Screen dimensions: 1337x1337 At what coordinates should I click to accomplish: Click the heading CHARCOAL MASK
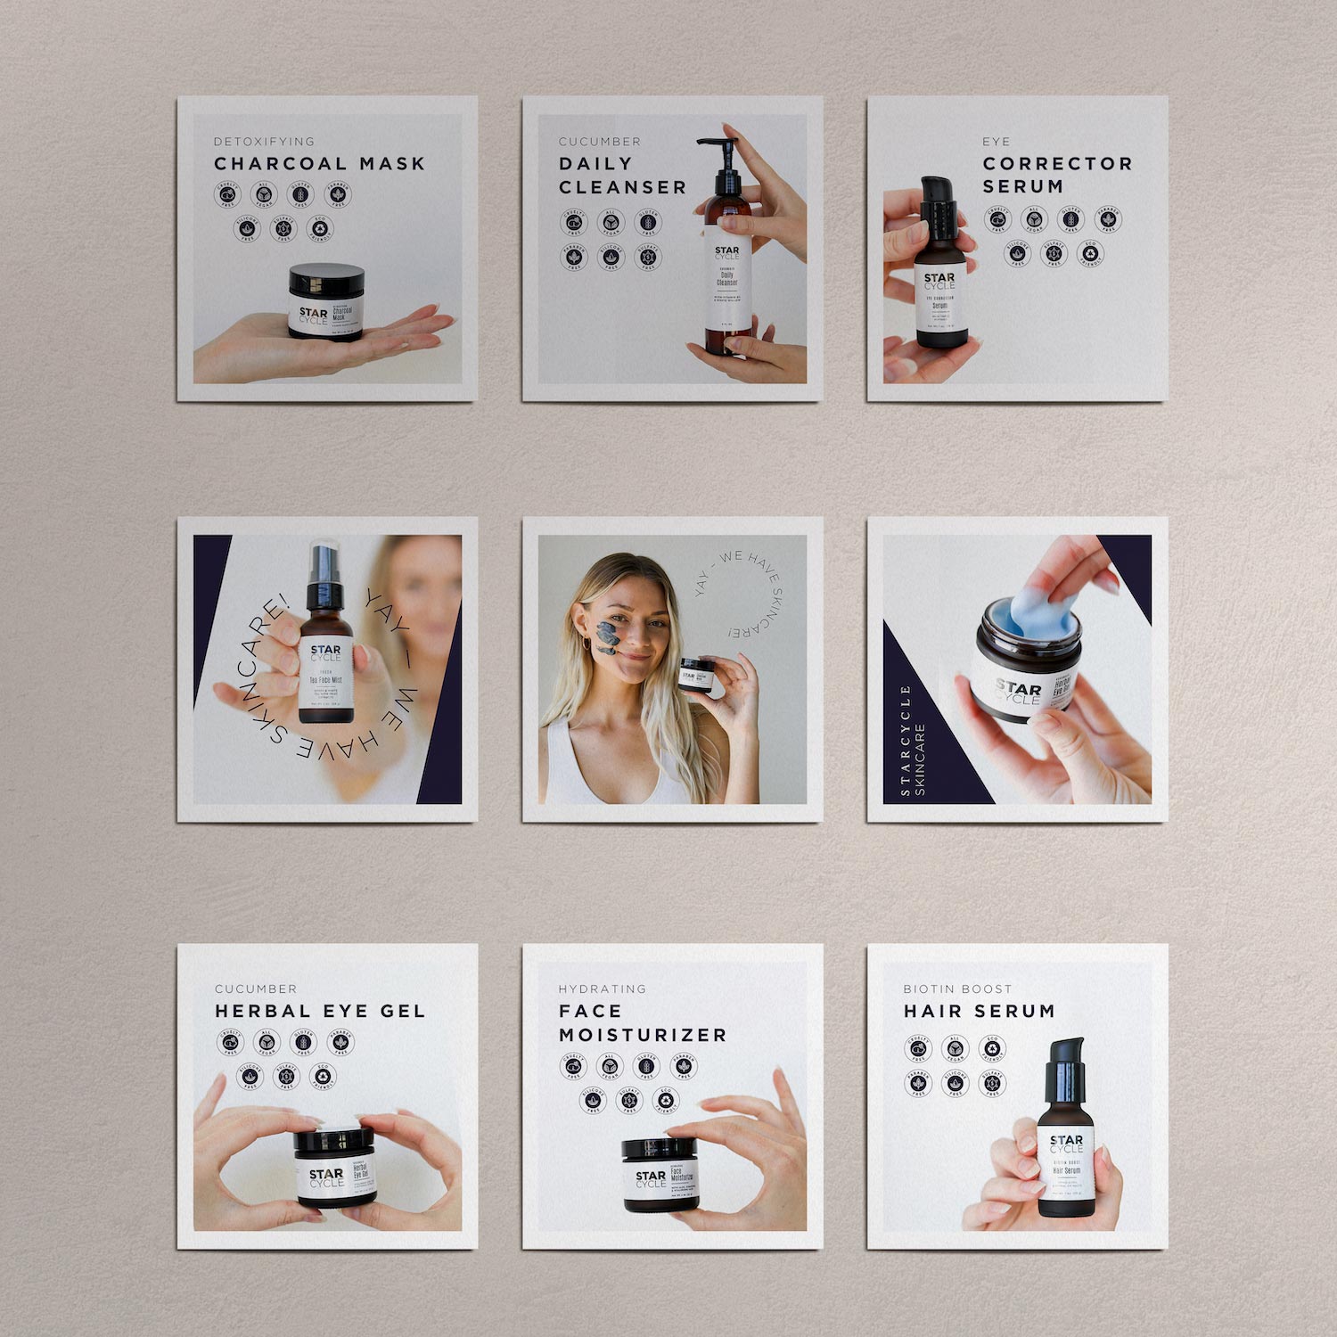(319, 164)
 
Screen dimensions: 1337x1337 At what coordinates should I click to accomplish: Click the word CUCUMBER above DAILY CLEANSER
(599, 142)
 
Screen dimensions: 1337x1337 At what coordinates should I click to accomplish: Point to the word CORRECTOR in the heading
(1057, 164)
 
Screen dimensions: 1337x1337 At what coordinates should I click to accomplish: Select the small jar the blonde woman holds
(693, 675)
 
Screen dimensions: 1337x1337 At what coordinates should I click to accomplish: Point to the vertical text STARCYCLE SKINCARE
(913, 740)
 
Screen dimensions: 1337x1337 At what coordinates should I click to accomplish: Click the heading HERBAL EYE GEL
(320, 1012)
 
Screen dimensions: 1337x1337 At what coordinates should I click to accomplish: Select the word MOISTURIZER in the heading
(643, 1036)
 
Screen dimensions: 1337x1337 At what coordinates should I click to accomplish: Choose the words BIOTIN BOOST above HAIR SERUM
(957, 989)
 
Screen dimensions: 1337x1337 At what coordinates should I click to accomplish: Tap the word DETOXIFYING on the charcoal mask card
(264, 142)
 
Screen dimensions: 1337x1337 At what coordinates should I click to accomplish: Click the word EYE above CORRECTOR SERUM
(996, 142)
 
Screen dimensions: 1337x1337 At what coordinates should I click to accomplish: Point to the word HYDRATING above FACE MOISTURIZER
(602, 989)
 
